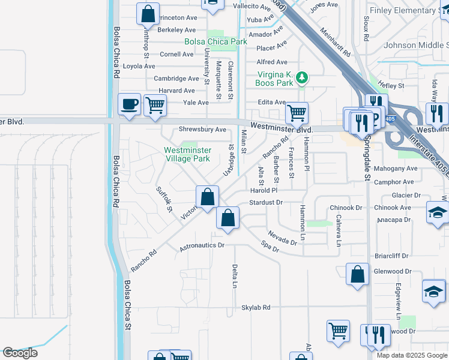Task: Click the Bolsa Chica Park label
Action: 215,42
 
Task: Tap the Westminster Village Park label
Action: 188,154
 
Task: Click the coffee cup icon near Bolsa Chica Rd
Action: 129,105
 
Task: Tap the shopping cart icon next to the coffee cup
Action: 155,105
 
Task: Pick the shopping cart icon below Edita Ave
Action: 297,112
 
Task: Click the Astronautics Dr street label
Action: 202,245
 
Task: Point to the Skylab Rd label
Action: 256,307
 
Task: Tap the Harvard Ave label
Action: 176,91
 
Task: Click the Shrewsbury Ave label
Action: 202,130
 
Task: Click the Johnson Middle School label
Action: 416,45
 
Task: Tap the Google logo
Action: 20,353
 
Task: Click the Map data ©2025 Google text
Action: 411,355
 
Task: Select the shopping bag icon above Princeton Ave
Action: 148,14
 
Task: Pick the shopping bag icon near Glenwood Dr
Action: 357,275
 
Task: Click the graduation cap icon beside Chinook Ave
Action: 437,212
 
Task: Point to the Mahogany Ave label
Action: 394,169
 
